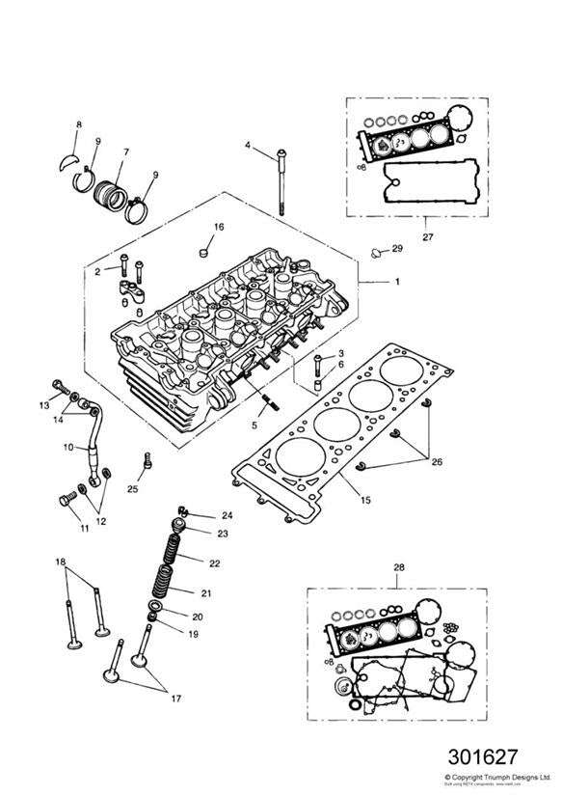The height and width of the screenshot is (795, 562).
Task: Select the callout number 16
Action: pos(219,227)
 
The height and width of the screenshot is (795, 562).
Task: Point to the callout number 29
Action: pos(396,250)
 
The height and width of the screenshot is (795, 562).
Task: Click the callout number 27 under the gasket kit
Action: pos(401,233)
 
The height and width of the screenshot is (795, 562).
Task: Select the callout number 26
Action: pos(437,462)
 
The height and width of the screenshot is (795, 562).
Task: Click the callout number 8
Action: pos(79,125)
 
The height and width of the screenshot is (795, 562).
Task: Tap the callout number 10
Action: pos(68,448)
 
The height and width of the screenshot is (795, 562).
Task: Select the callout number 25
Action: pos(133,489)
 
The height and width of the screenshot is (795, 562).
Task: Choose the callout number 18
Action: pos(60,562)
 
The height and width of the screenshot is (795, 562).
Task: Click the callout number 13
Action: pos(43,403)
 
